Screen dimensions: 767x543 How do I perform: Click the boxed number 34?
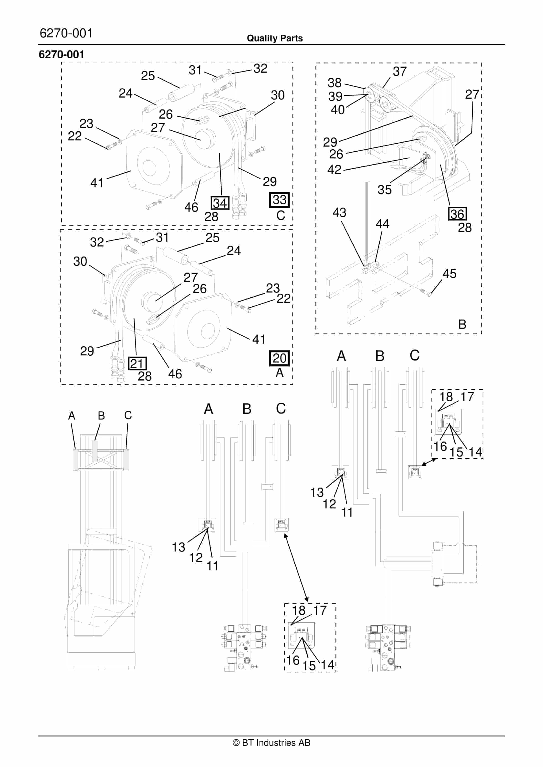220,203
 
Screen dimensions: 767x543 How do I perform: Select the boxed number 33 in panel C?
279,200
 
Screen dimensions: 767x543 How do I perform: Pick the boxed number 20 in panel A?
279,358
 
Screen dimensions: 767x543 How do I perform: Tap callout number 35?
384,190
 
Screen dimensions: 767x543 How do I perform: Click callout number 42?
334,169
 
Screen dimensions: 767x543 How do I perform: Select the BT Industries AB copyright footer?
271,743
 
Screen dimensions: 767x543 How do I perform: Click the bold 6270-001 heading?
62,54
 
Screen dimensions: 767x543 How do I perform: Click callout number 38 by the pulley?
334,83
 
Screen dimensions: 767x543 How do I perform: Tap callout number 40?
337,110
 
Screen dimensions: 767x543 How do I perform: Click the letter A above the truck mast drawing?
72,416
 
